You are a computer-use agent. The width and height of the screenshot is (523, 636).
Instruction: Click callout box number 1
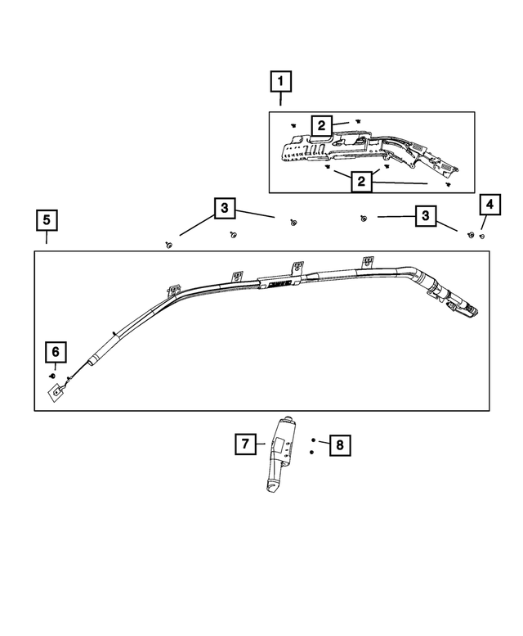click(281, 82)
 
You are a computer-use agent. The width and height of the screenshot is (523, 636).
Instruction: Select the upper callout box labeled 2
click(322, 125)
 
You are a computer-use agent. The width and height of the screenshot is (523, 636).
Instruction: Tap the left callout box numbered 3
click(225, 210)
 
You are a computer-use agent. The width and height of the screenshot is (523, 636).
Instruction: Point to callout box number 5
click(47, 220)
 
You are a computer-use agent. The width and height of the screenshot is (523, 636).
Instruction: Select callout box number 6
click(56, 352)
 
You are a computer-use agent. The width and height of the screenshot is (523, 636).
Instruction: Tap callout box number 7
click(244, 444)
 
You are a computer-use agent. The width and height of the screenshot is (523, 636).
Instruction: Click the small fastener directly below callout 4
click(482, 236)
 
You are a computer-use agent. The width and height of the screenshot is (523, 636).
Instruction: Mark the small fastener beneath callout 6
click(54, 374)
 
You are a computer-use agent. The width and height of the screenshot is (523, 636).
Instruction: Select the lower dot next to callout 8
click(313, 451)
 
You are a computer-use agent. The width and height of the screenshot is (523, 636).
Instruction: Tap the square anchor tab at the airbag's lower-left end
click(56, 392)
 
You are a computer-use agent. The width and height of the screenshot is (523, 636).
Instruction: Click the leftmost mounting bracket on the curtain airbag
click(173, 291)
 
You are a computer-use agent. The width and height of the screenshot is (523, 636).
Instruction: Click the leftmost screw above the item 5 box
click(169, 245)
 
